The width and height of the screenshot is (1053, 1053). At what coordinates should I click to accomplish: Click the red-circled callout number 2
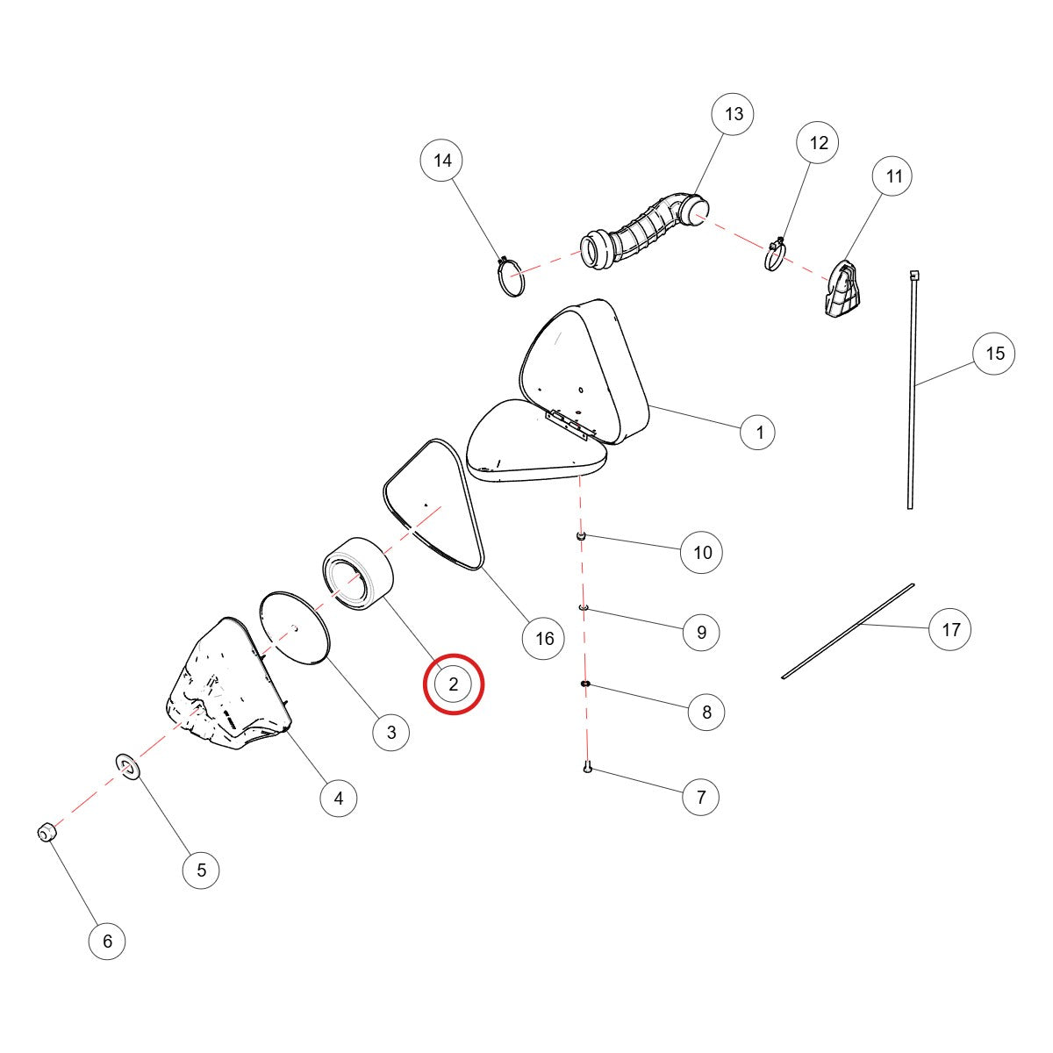[x=454, y=684]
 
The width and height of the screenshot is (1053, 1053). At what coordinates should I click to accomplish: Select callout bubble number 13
[x=733, y=114]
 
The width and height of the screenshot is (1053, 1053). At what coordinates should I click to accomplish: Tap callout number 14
[x=441, y=160]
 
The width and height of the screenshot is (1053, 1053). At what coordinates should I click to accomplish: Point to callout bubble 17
[x=950, y=629]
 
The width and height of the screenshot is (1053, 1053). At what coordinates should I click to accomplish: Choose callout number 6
[x=107, y=941]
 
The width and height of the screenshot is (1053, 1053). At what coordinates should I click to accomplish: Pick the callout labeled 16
[x=544, y=638]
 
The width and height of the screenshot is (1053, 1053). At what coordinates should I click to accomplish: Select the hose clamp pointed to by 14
[x=511, y=277]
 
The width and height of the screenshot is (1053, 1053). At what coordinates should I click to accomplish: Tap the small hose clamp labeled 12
[x=776, y=255]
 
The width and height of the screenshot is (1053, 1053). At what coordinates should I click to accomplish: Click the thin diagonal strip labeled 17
[x=848, y=632]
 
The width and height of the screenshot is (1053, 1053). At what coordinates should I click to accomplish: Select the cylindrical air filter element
[x=359, y=574]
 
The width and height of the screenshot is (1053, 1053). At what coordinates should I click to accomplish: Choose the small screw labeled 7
[x=587, y=767]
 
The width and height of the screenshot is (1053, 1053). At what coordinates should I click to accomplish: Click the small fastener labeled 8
[x=585, y=684]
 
